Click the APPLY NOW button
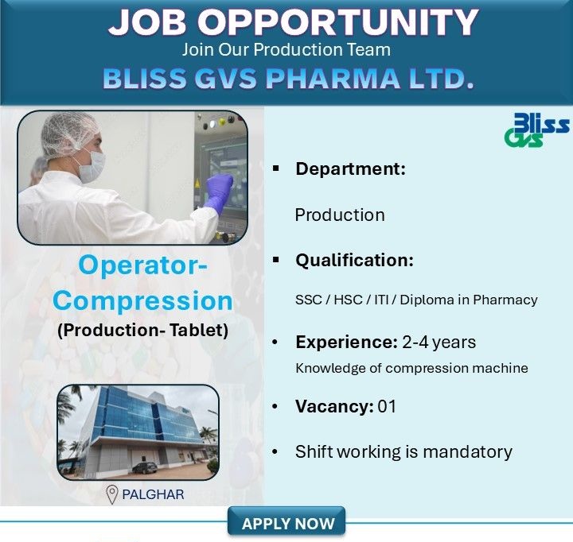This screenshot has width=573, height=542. click(x=287, y=524)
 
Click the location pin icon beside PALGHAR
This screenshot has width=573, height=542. click(x=112, y=494)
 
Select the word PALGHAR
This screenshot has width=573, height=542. click(x=153, y=494)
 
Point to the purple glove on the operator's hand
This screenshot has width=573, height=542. click(x=216, y=192)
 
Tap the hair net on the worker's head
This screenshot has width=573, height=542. click(x=68, y=132)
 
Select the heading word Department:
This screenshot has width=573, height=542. click(x=350, y=168)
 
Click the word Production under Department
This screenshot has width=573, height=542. click(x=340, y=215)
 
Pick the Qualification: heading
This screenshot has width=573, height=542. click(x=354, y=260)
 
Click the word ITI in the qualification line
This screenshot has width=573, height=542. click(x=382, y=300)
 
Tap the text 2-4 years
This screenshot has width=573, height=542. click(x=439, y=343)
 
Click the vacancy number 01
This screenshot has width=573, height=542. click(x=388, y=407)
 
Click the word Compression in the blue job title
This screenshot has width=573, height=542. click(x=142, y=300)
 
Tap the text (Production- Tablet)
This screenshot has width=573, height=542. click(x=142, y=330)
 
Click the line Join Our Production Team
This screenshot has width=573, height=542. click(x=286, y=49)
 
